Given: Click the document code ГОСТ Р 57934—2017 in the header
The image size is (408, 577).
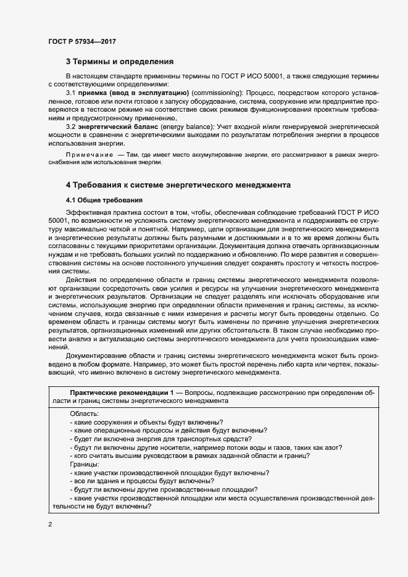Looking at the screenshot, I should coord(82,41).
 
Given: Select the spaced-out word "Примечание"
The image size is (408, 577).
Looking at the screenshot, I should coord(90,154).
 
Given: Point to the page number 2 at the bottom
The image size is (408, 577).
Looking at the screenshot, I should coord(50,525).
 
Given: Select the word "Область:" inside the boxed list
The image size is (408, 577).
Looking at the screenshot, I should coord(83,413).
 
